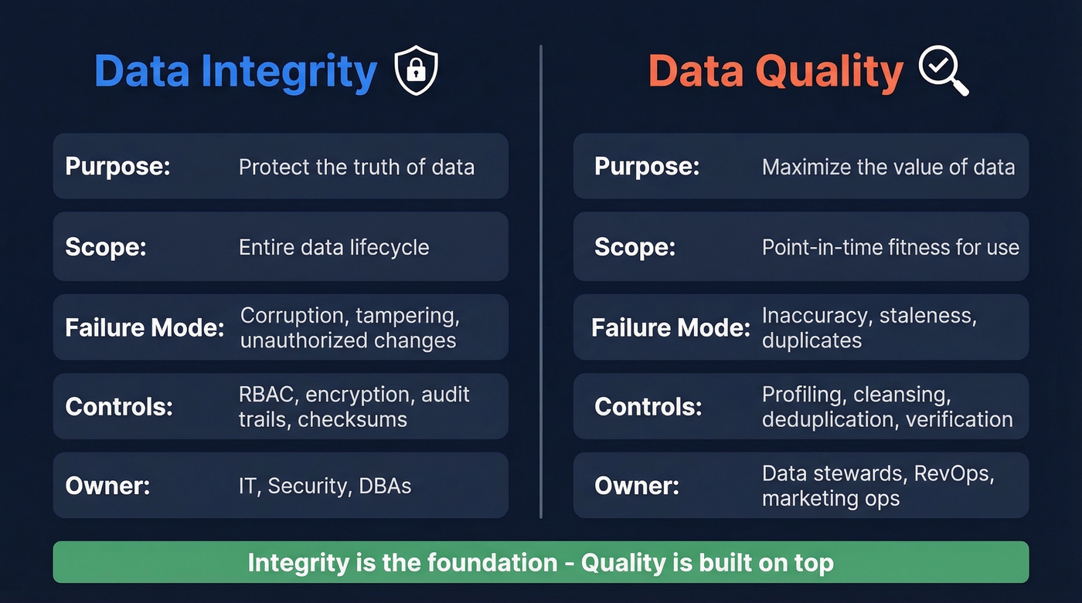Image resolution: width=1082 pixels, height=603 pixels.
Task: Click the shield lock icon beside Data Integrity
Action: [x=416, y=71]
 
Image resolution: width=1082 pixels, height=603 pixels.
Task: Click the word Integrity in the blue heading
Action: [x=289, y=72]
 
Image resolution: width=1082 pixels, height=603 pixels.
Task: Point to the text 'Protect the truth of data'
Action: [x=356, y=167]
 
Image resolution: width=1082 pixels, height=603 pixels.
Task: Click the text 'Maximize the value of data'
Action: [x=888, y=167]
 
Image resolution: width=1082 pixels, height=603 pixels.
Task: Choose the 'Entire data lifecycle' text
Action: [x=334, y=247]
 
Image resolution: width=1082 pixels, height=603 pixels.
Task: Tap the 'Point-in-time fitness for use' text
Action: [x=890, y=247]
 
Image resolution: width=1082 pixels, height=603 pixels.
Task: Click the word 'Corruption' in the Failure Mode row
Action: [x=292, y=315]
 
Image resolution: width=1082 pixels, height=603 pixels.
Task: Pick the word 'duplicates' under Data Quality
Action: [x=811, y=340]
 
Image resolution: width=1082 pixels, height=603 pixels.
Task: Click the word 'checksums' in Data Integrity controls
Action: [x=352, y=419]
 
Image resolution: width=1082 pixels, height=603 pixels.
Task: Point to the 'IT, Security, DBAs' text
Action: [x=325, y=486]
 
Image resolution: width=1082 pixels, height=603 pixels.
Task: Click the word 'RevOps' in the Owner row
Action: [x=950, y=473]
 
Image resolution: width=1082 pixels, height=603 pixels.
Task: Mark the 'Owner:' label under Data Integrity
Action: [x=107, y=486]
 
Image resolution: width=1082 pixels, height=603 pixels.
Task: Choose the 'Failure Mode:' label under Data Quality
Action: [x=671, y=327]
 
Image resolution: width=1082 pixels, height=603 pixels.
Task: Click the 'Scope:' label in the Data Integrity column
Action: [x=106, y=247]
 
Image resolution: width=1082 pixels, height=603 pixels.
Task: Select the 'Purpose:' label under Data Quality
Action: [x=647, y=167]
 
